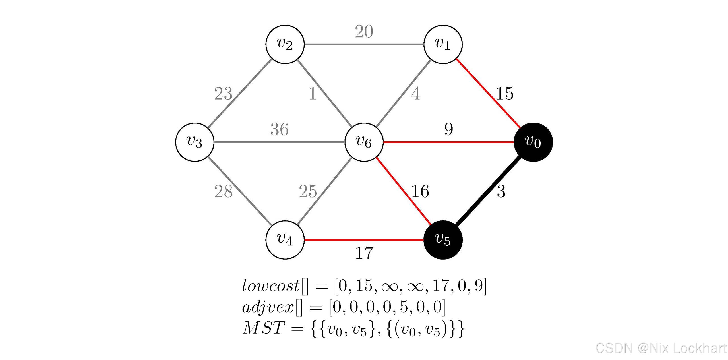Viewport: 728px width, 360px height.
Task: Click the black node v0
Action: coord(533,142)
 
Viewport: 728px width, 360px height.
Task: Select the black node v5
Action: coord(443,240)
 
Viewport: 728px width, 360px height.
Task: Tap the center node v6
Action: coord(364,142)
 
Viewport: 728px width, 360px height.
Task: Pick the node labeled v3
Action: coord(195,142)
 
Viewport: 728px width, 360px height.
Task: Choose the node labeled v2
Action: coord(285,44)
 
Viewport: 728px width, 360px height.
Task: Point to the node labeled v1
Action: coord(443,44)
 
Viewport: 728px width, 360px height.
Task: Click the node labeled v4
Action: coord(285,240)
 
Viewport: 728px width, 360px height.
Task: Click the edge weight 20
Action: coord(364,31)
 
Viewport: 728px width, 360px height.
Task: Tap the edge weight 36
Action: coord(279,129)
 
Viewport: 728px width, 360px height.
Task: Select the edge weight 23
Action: coord(223,93)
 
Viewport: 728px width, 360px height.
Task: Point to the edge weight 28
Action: coord(223,191)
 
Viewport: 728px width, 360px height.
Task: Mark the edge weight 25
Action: coord(308,191)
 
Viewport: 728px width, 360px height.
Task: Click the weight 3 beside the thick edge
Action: coord(501,191)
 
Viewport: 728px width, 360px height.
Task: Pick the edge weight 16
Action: coord(420,191)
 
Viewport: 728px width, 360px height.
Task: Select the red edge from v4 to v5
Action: coord(364,240)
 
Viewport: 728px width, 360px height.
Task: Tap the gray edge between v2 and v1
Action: coord(364,44)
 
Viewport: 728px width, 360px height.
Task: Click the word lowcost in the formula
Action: coord(270,285)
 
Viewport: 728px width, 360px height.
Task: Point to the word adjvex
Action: coord(268,307)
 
